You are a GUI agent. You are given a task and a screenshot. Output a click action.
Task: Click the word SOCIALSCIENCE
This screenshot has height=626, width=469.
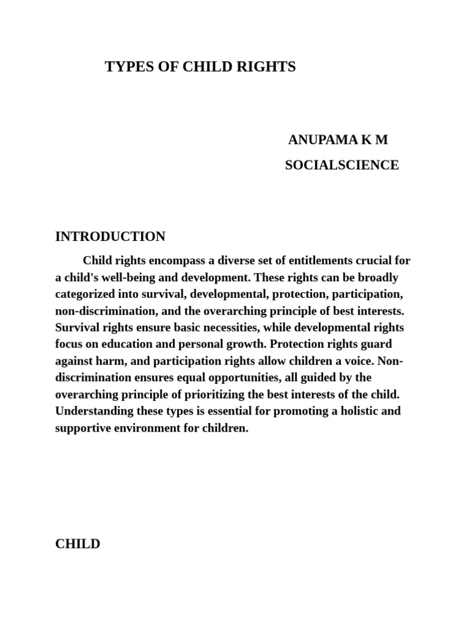pos(342,165)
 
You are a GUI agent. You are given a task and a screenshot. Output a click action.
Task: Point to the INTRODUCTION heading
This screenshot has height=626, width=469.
pos(111,237)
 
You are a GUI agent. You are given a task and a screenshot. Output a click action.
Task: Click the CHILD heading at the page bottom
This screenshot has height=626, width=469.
pos(78,544)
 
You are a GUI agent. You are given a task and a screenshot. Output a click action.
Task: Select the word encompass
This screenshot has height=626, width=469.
pos(178,261)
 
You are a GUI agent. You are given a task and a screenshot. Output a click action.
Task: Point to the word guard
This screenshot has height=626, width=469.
pos(377,344)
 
